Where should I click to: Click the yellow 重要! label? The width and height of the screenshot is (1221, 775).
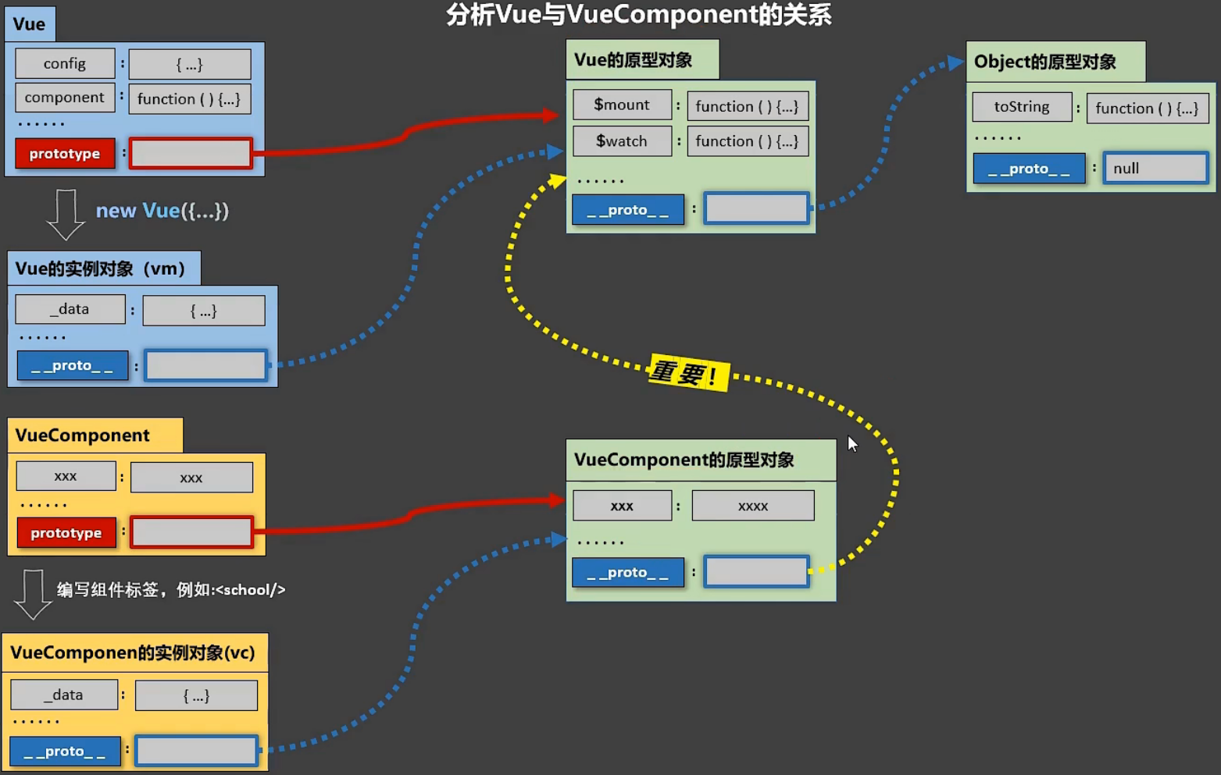pos(687,372)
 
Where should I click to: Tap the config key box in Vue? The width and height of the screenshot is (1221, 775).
pos(65,64)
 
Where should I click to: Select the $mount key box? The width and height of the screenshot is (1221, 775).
pos(622,105)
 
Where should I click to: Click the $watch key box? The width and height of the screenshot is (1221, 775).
pos(622,141)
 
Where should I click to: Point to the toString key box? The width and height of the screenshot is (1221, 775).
pos(1022,107)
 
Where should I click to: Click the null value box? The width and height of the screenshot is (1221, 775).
pos(1155,169)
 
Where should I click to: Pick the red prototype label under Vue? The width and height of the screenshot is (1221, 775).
pos(65,154)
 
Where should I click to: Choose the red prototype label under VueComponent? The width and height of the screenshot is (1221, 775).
pos(66,533)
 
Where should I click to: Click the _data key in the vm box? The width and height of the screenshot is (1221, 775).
pos(70,309)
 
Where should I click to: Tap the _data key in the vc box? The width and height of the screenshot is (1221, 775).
pos(64,695)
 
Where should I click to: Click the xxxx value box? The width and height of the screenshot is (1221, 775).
pos(753,506)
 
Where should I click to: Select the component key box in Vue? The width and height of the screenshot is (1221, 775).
pos(64,98)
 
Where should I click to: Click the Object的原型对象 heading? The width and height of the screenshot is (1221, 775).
pos(1044,62)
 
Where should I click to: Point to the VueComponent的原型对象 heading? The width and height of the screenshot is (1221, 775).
pos(684,460)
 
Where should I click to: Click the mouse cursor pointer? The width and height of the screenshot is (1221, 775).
pos(851,443)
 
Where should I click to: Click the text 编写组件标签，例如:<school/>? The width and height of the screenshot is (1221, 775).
pos(171,590)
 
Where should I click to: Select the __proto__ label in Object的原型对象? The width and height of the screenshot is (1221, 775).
pos(1029,169)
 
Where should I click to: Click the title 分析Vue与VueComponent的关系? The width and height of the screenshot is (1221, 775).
pos(638,14)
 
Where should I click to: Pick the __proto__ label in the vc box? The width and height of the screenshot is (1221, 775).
pos(65,752)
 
